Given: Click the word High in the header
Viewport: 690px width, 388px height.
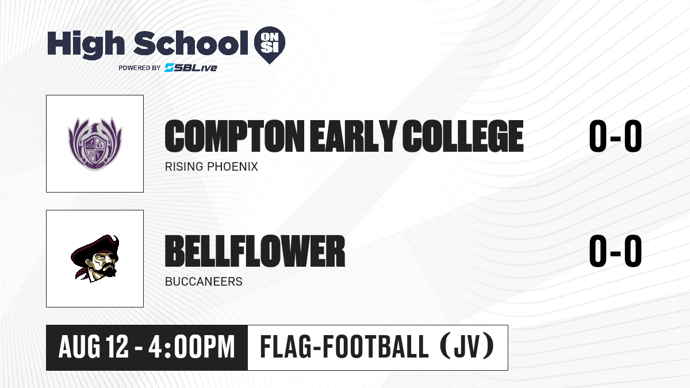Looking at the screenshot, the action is (x=86, y=44).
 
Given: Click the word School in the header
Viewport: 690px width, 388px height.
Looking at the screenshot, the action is (x=191, y=43).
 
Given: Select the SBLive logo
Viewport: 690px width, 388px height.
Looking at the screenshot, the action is (x=191, y=67).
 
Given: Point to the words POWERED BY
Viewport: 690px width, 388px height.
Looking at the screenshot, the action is (x=140, y=68).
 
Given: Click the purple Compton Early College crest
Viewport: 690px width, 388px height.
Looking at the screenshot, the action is (x=95, y=143).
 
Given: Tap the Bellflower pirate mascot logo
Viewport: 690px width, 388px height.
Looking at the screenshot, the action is (x=95, y=258).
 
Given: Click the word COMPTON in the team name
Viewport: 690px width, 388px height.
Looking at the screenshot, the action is (x=235, y=136).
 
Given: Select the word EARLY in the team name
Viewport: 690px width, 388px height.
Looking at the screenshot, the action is (x=353, y=136).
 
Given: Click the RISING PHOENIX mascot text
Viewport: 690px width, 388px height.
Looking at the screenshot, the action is (x=212, y=167).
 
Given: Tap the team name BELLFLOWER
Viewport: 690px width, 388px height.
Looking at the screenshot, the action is (x=255, y=251).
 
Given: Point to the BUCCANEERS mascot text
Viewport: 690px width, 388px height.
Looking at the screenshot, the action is (x=204, y=282).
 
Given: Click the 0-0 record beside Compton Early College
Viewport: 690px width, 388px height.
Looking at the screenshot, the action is (x=615, y=136).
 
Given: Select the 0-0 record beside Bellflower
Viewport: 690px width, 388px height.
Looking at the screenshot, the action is (x=615, y=251).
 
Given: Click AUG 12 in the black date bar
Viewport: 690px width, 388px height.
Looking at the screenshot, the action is (x=93, y=347).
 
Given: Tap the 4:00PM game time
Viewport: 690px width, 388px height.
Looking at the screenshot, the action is (x=191, y=347).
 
